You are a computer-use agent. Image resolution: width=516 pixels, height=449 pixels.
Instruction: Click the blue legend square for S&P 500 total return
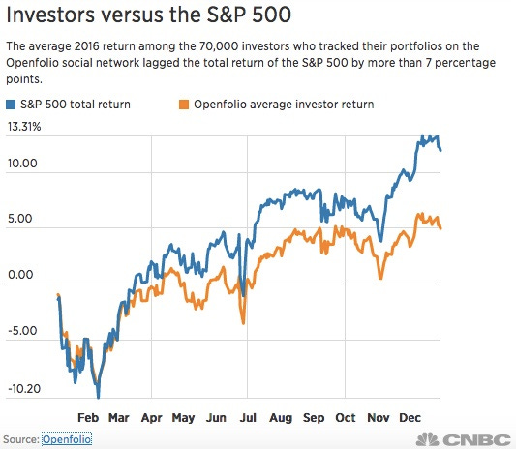[x=11, y=103]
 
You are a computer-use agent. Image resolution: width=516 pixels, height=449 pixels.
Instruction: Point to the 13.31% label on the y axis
[x=23, y=127]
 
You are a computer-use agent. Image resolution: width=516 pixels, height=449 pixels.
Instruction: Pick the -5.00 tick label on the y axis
[x=23, y=330]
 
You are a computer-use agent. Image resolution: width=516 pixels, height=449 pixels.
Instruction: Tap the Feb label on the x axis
[x=88, y=419]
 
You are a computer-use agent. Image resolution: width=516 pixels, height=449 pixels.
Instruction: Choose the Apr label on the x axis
[x=152, y=419]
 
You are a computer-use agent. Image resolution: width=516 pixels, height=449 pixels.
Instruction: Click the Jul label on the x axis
[x=248, y=419]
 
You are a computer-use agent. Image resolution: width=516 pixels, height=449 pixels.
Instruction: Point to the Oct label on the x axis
[x=345, y=419]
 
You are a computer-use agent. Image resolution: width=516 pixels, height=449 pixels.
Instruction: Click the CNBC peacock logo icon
[x=423, y=438]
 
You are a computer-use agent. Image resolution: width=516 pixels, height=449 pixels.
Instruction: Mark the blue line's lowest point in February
[x=98, y=395]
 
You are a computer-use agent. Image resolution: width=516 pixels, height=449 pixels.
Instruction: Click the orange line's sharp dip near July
[x=242, y=322]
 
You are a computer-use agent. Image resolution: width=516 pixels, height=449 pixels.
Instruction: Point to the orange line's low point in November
[x=380, y=279]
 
